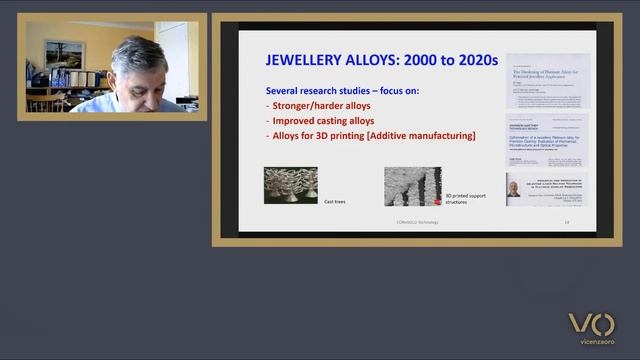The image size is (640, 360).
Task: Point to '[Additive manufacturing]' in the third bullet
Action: coord(421,136)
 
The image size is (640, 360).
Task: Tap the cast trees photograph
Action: coord(291,186)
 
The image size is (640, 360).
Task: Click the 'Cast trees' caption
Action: coord(336,202)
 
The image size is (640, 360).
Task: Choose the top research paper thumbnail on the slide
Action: coord(547,80)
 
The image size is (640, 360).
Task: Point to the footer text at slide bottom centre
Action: coord(412,222)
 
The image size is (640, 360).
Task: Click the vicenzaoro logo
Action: coord(591,330)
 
